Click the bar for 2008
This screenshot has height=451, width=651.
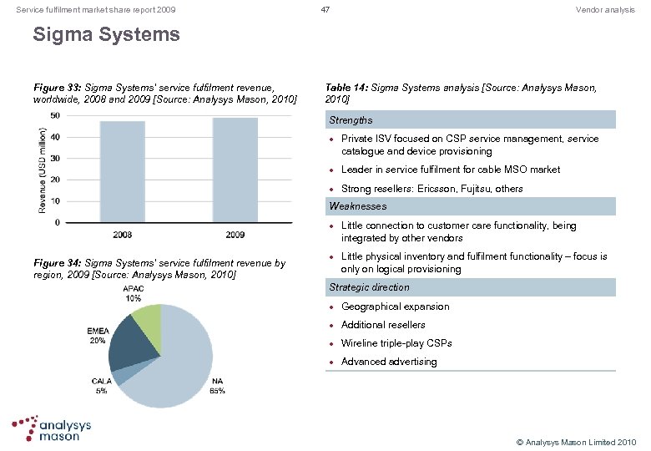[x=123, y=172]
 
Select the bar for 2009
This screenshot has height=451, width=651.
[x=235, y=170]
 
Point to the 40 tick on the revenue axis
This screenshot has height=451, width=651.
[x=54, y=137]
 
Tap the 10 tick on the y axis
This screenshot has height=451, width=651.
[x=54, y=201]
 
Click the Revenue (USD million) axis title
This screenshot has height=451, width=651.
[x=43, y=169]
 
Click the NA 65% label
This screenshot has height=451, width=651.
[x=217, y=386]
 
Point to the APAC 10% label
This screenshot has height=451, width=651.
[x=133, y=293]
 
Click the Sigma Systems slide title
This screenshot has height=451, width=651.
[x=106, y=35]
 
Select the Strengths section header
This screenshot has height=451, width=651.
[x=351, y=120]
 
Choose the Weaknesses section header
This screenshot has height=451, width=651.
[x=358, y=206]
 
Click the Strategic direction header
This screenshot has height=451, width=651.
[x=370, y=287]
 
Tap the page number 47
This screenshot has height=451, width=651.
[x=326, y=9]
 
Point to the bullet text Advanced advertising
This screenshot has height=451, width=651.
[x=389, y=362]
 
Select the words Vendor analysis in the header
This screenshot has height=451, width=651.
[x=605, y=9]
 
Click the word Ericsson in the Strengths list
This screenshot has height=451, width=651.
[x=433, y=189]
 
